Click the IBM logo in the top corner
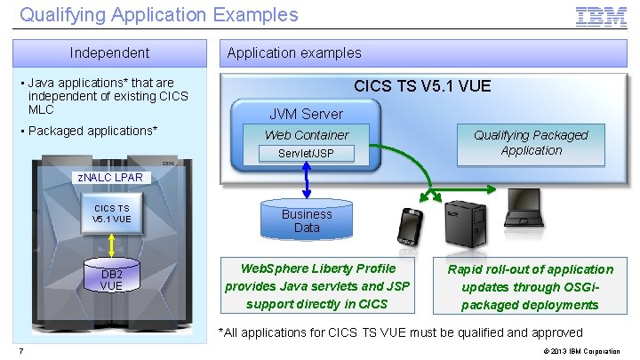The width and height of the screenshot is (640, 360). [x=601, y=16]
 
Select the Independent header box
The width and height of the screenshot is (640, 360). [x=110, y=52]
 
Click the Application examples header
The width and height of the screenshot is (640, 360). [x=294, y=52]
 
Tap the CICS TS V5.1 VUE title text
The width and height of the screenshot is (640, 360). [x=422, y=86]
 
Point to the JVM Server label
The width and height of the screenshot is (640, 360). [x=306, y=114]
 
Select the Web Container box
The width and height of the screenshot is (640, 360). [x=307, y=135]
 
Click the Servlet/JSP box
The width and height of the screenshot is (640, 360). [x=307, y=154]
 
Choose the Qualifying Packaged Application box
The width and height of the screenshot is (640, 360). [x=531, y=142]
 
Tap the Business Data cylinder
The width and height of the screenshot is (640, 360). [x=307, y=220]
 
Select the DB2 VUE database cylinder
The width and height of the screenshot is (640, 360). [x=110, y=278]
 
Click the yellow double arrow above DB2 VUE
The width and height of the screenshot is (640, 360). [x=110, y=244]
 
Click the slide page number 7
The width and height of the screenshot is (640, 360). [x=20, y=350]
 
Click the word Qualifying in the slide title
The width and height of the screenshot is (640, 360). [x=54, y=14]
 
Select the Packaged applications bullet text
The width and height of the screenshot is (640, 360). [x=93, y=131]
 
